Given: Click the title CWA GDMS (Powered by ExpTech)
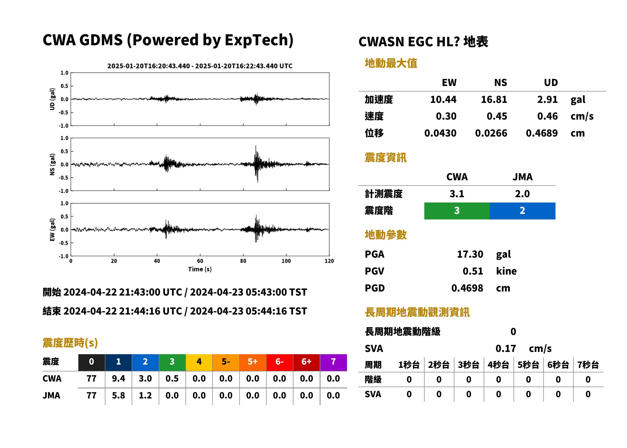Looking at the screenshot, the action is (x=168, y=40).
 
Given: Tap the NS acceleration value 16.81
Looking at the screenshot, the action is (x=494, y=100).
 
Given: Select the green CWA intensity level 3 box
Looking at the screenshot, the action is (x=457, y=211).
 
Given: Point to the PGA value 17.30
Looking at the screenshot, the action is (x=470, y=254).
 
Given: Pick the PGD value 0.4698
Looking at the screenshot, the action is (x=467, y=288).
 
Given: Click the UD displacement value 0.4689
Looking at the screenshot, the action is (x=542, y=133).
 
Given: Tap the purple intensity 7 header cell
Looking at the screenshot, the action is (x=333, y=362).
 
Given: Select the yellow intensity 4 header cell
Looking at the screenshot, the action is (x=199, y=362).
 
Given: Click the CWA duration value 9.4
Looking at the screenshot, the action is (x=119, y=378).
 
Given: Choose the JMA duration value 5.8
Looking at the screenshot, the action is (x=119, y=396).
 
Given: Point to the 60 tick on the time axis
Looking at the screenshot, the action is (x=200, y=261).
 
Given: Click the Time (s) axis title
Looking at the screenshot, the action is (x=200, y=269).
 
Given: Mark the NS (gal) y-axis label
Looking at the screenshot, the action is (x=52, y=164).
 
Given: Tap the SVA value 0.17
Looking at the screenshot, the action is (x=506, y=349).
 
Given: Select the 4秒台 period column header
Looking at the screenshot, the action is (x=498, y=365).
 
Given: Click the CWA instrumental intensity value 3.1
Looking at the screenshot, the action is (x=457, y=194).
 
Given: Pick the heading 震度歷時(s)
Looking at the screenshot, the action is (x=70, y=343).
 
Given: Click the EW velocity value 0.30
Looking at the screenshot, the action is (x=446, y=116).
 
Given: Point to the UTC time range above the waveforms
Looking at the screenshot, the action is (x=200, y=66).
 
